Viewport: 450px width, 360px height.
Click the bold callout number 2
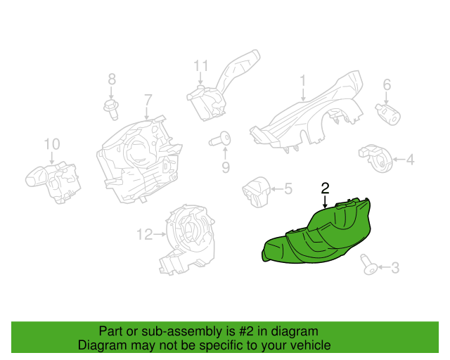click(325, 188)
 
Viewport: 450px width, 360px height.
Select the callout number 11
click(200, 65)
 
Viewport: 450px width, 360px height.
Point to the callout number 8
click(112, 79)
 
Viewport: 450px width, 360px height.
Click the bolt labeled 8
click(111, 109)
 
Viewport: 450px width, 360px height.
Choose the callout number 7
click(148, 100)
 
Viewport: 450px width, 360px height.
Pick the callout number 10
click(52, 144)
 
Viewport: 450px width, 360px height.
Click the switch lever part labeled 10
click(53, 182)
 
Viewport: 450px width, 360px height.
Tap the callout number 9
click(226, 167)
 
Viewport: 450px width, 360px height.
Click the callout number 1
click(303, 81)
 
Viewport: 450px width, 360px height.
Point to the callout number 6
click(387, 84)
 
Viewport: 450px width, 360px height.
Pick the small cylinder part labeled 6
click(387, 115)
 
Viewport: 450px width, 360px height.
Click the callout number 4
click(411, 160)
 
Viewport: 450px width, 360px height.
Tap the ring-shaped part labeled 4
click(376, 159)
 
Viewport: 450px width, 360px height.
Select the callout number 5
click(288, 188)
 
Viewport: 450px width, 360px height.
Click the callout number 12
click(145, 234)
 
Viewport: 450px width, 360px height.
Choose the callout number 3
click(395, 268)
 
